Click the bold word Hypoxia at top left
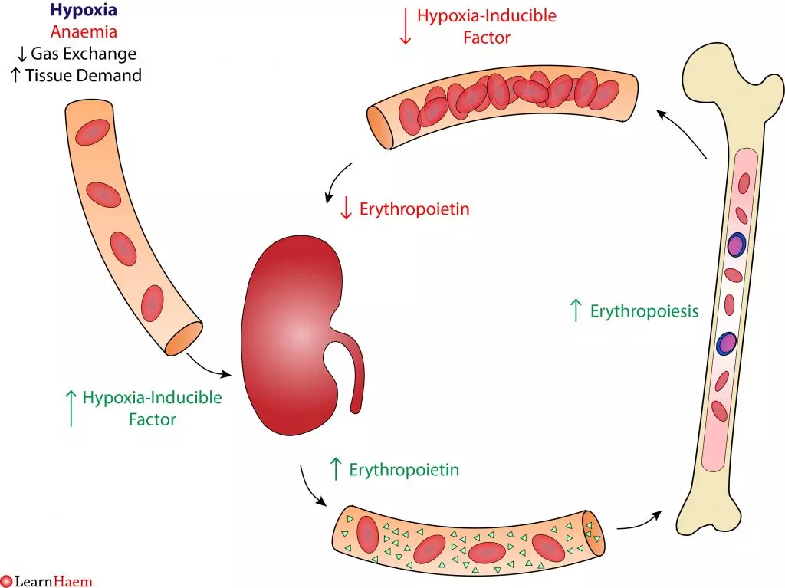[84, 11]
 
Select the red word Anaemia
[84, 32]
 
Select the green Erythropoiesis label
[644, 311]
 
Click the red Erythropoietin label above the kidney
[414, 209]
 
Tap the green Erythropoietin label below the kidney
[404, 469]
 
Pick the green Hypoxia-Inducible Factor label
[152, 409]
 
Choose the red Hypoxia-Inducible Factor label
[486, 26]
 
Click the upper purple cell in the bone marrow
[736, 245]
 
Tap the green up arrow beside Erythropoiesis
[576, 310]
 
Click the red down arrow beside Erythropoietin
[346, 209]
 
